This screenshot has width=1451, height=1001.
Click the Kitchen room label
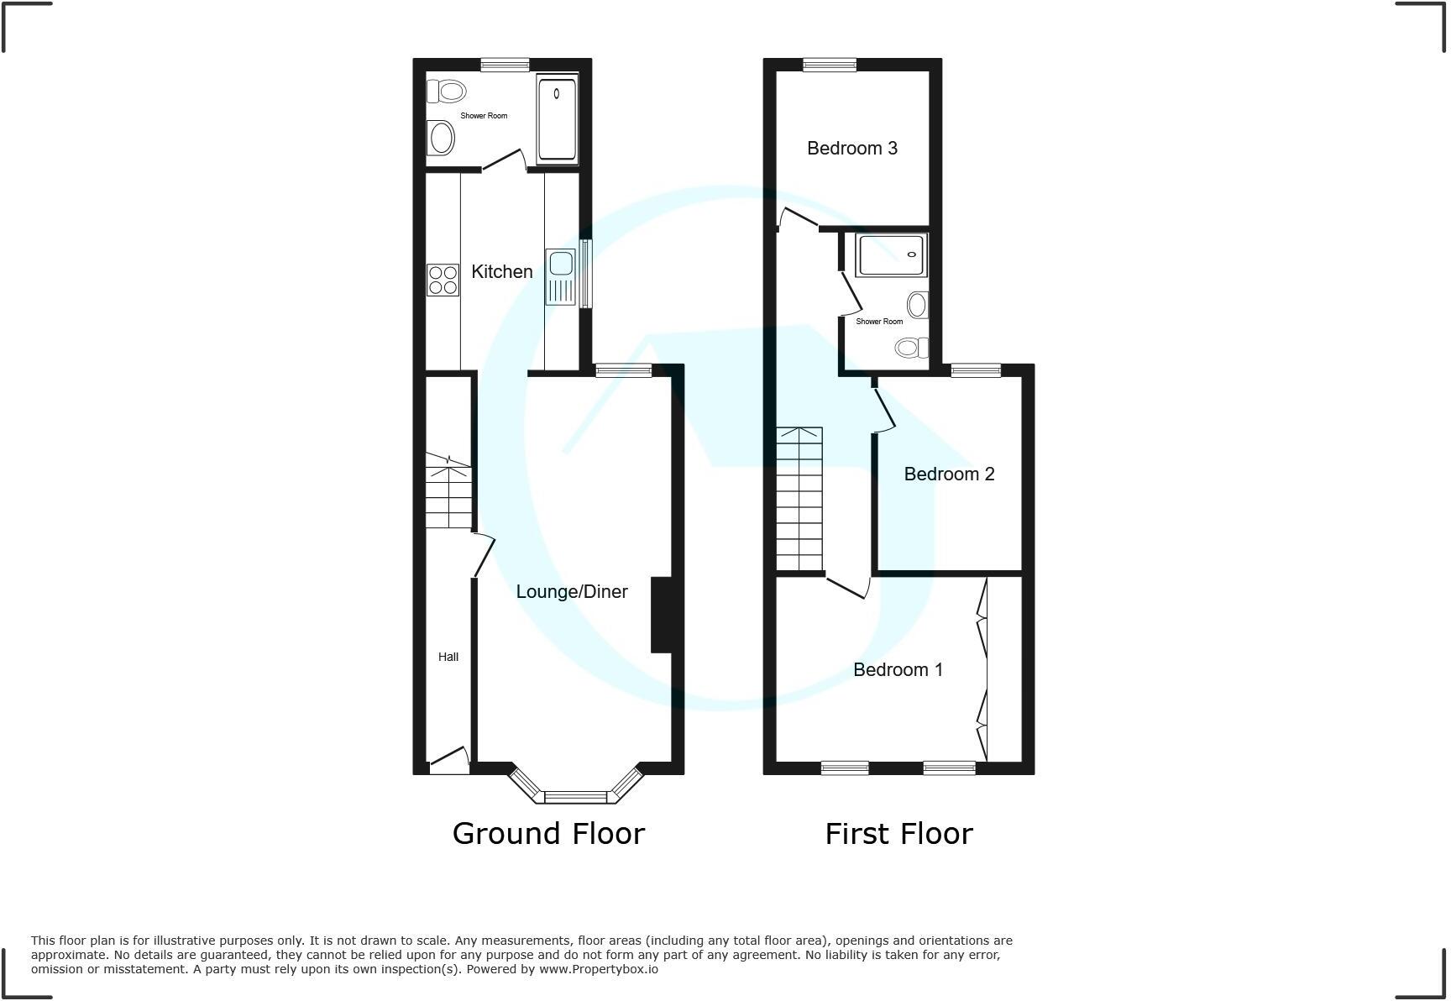point(501,271)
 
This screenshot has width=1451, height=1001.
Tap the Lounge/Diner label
point(572,591)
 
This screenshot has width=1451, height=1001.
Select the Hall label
point(448,657)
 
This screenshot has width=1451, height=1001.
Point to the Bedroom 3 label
point(851,148)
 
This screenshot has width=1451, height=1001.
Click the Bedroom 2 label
point(949,474)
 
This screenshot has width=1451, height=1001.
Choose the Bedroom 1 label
point(898,669)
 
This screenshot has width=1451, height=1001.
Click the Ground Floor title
point(548,833)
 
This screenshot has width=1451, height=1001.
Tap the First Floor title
point(898,833)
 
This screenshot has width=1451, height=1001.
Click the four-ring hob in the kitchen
point(443,280)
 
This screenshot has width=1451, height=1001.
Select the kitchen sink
point(560,276)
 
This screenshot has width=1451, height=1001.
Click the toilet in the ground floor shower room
point(447,91)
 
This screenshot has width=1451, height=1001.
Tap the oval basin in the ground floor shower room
point(442,138)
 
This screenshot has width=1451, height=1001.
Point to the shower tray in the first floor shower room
point(890,255)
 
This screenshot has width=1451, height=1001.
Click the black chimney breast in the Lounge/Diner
point(662,614)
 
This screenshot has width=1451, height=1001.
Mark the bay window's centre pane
point(575,797)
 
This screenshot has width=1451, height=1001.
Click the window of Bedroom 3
point(829,65)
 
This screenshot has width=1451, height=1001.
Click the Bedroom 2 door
point(884,408)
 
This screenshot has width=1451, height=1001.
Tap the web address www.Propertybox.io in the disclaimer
point(598,969)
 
